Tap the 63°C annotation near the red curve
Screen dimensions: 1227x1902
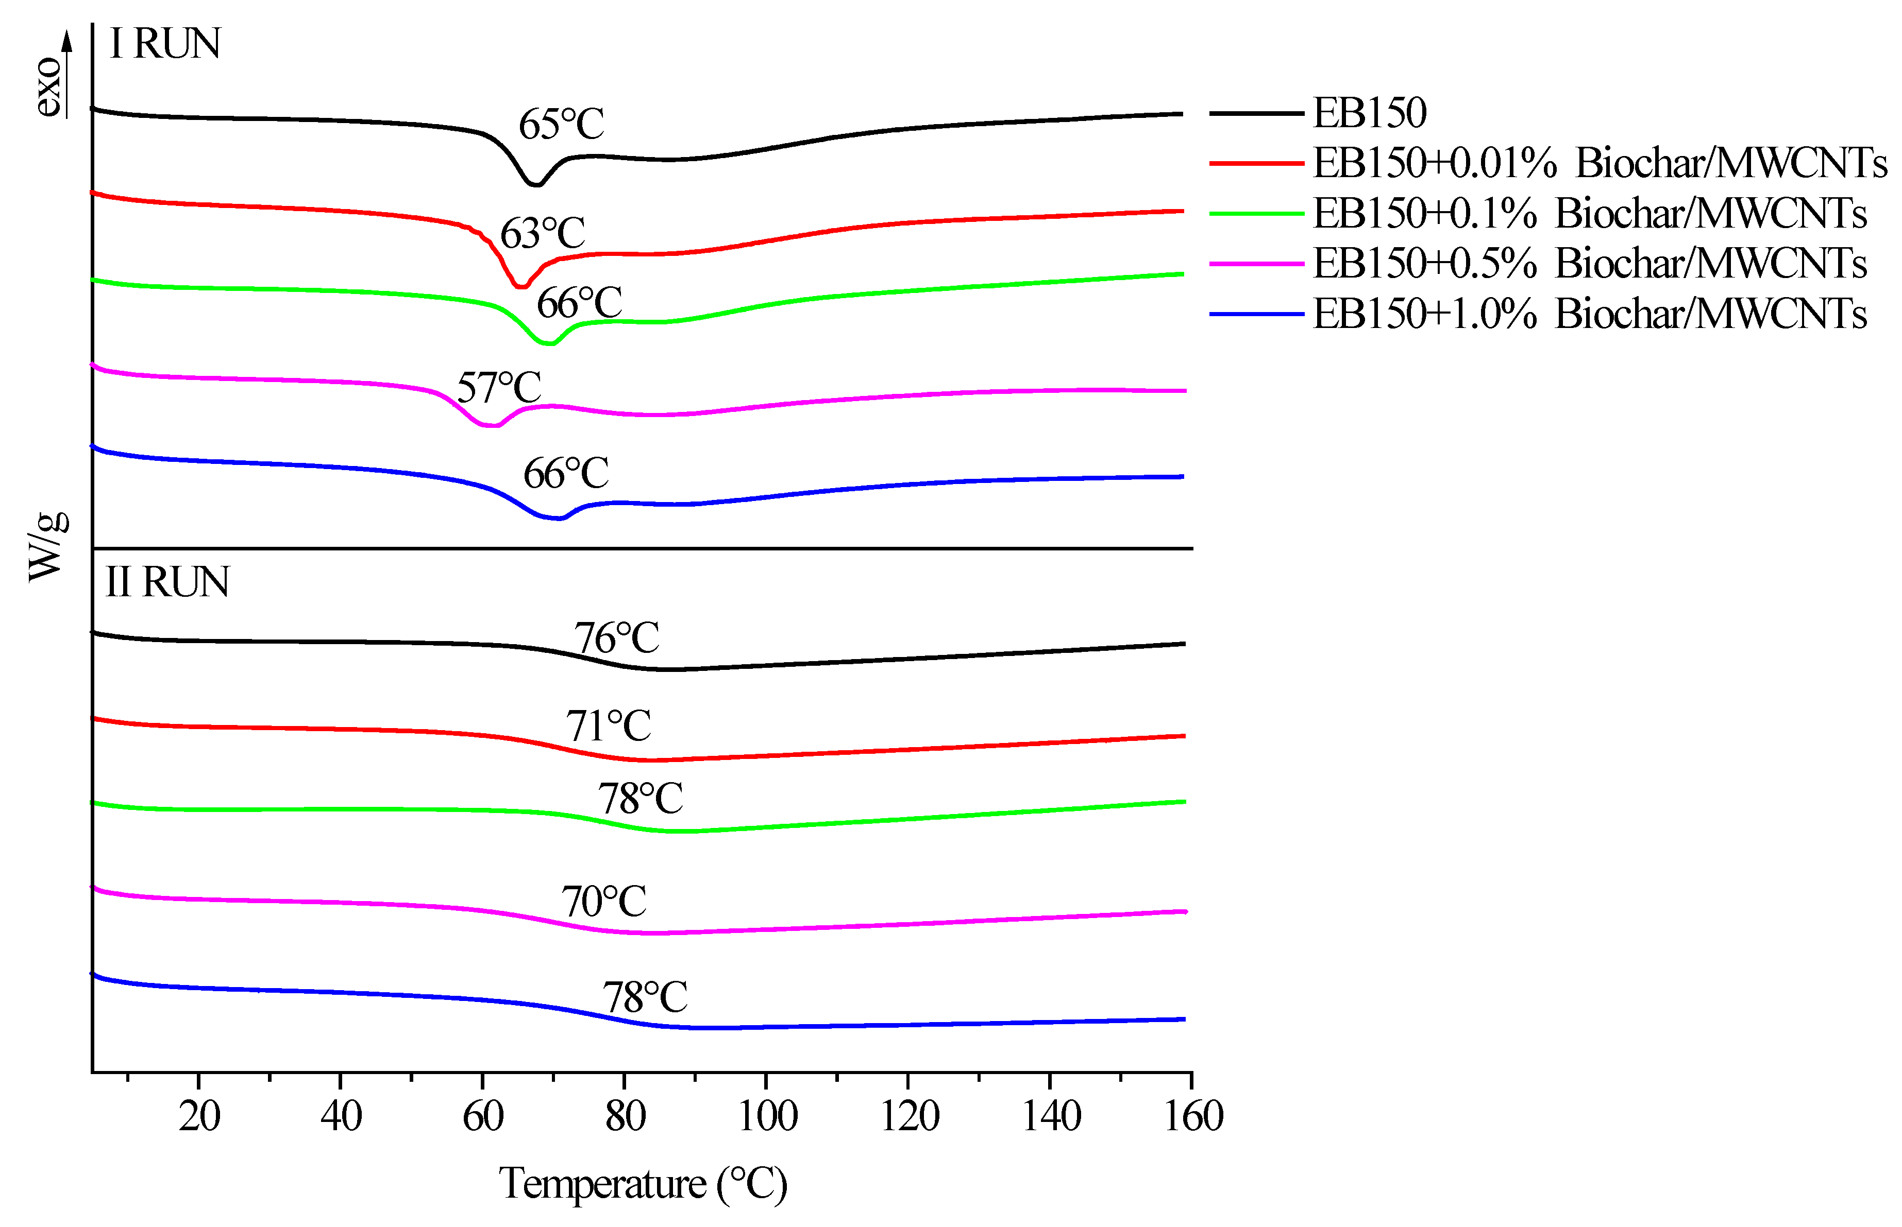[x=542, y=234]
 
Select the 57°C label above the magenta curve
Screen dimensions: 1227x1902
[x=498, y=388]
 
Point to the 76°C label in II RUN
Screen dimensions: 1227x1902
[x=616, y=638]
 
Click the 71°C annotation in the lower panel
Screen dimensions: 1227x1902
[x=608, y=726]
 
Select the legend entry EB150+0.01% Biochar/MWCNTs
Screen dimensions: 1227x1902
[x=1599, y=163]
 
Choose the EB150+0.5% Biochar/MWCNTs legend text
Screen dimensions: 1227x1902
[x=1589, y=264]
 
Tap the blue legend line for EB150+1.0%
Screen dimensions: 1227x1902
[x=1255, y=315]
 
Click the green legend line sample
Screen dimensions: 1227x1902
[x=1255, y=214]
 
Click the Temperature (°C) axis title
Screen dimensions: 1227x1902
[x=643, y=1184]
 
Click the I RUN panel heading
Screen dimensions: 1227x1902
[x=164, y=44]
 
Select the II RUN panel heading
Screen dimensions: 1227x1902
[x=167, y=582]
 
